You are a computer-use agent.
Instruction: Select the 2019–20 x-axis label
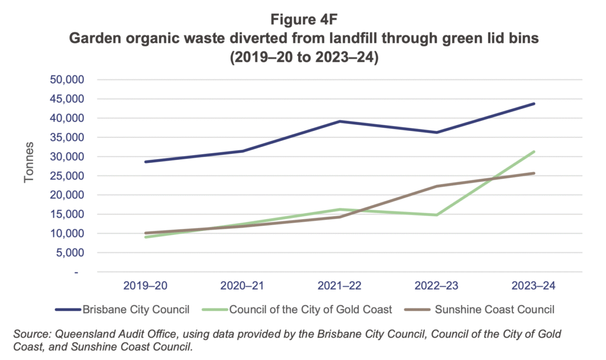[145, 286]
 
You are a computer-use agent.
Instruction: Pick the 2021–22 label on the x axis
[340, 286]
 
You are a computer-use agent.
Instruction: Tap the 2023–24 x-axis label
[534, 286]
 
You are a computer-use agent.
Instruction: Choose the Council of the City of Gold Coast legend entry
[302, 309]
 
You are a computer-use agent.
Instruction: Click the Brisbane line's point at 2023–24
[534, 104]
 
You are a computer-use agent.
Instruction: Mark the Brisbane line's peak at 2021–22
[340, 121]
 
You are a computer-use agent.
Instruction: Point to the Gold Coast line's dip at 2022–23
[437, 215]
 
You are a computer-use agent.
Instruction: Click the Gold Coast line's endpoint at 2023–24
[534, 152]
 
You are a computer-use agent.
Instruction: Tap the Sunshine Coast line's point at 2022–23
[437, 187]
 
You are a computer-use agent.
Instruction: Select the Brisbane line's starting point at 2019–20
[145, 162]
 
